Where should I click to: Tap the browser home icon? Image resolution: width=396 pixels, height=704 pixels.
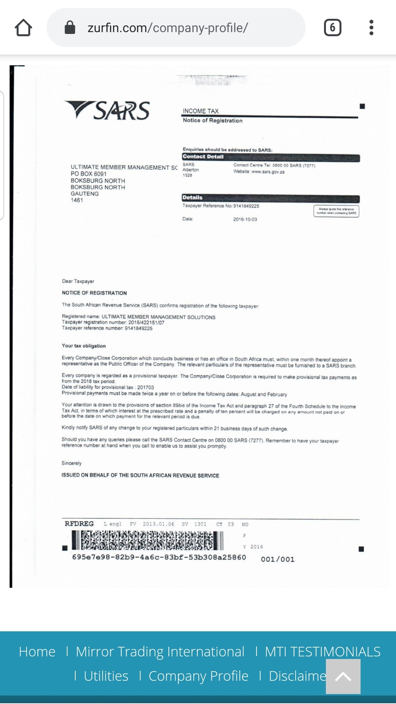point(24,28)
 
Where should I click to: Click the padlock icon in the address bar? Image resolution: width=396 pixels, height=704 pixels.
point(70,27)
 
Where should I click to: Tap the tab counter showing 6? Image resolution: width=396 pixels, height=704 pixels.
point(333,28)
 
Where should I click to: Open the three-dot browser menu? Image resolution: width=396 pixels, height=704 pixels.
point(371,28)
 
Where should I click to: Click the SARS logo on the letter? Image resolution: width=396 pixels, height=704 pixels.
point(107,111)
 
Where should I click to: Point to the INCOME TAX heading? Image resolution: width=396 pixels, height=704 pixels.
point(201,111)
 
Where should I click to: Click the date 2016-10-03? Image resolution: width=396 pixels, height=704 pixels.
point(245,220)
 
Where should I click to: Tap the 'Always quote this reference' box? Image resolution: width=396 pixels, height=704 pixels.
point(336,211)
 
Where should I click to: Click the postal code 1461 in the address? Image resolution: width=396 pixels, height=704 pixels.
point(77,200)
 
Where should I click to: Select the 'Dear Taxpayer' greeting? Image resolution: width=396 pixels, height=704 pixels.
point(78,281)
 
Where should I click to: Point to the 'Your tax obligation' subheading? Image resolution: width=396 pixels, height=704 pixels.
point(84,346)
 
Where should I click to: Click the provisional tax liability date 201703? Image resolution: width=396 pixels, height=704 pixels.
point(145,387)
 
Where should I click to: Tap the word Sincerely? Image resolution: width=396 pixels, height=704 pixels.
point(72,463)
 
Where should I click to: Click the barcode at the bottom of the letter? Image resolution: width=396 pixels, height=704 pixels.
point(148,540)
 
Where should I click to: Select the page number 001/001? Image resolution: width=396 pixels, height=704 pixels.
point(278,559)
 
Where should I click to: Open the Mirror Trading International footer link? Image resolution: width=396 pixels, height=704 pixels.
point(160,652)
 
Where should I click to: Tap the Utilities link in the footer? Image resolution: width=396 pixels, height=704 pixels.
point(106,676)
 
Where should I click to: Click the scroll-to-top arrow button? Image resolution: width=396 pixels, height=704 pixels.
point(343,676)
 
